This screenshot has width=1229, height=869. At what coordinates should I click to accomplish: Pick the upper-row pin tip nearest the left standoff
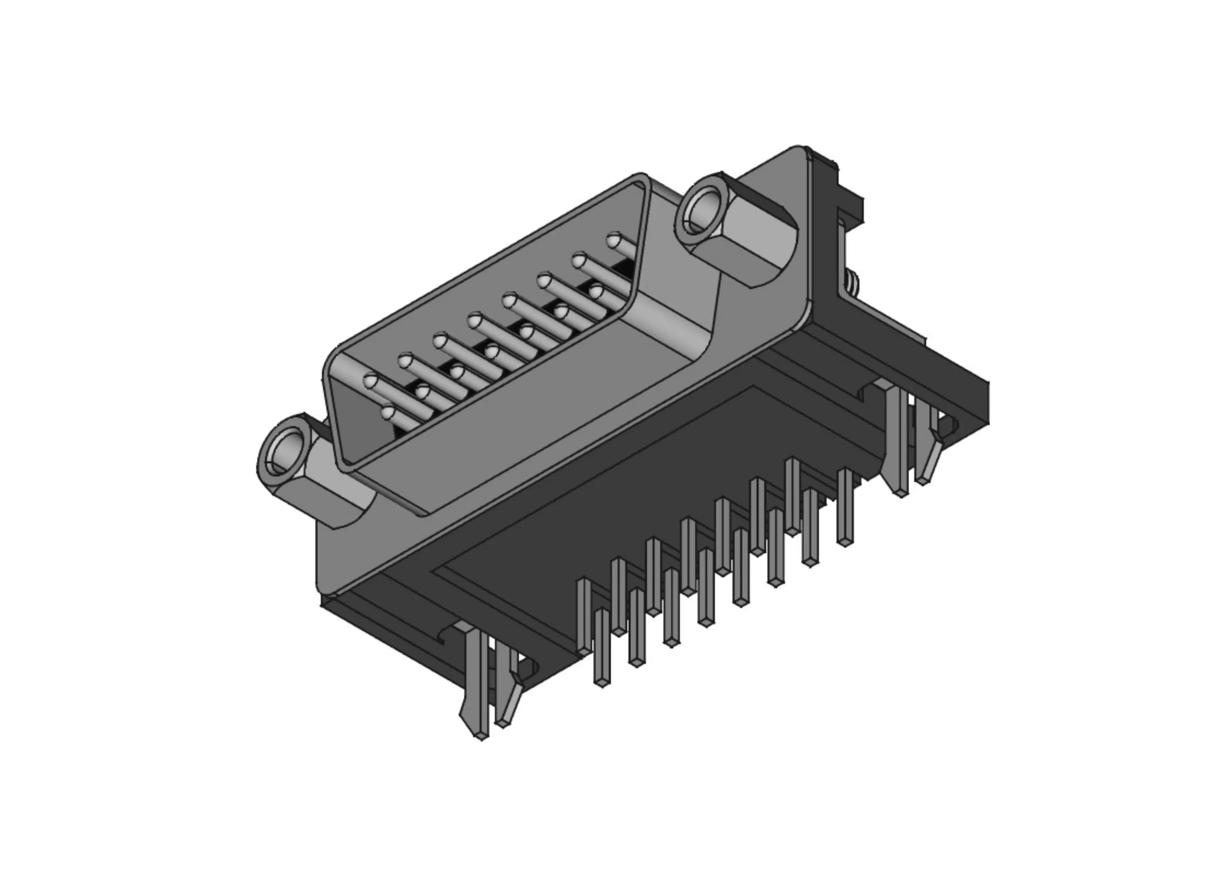pyautogui.click(x=370, y=382)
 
